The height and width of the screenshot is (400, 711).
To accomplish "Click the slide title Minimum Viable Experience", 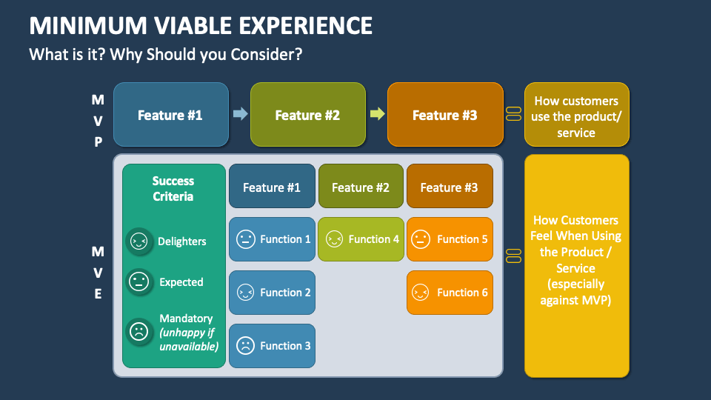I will coord(201,26).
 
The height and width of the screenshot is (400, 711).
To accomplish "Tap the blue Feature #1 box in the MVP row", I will coord(170,115).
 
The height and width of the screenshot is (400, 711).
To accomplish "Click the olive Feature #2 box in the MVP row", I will coord(307,115).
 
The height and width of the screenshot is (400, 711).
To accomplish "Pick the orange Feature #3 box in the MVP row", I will coord(444,115).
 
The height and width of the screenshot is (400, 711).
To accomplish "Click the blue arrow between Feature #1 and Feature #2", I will coord(240,114).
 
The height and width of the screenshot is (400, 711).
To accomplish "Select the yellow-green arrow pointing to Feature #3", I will coord(377,114).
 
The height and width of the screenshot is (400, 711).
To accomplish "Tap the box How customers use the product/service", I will coord(576,116).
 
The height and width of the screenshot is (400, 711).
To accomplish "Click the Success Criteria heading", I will coord(173,189).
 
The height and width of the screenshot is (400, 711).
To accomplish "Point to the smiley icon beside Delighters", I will coord(138,241).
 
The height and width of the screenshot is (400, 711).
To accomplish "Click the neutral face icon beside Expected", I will coord(138,282).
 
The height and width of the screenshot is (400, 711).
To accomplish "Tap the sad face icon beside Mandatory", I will coord(138,331).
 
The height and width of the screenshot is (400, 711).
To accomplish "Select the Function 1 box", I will coord(272,239).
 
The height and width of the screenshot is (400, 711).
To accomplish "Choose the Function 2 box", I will coord(272,293).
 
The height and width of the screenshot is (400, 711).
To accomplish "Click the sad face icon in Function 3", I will coord(245,346).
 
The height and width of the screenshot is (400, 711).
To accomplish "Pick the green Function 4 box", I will coord(361,239).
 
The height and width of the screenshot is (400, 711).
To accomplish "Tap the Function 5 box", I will coord(450,239).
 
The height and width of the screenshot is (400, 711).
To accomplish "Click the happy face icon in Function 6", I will coord(421,293).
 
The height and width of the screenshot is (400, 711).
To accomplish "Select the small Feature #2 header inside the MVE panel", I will coord(361,187).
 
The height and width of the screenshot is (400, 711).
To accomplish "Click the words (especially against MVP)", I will coord(576,291).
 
